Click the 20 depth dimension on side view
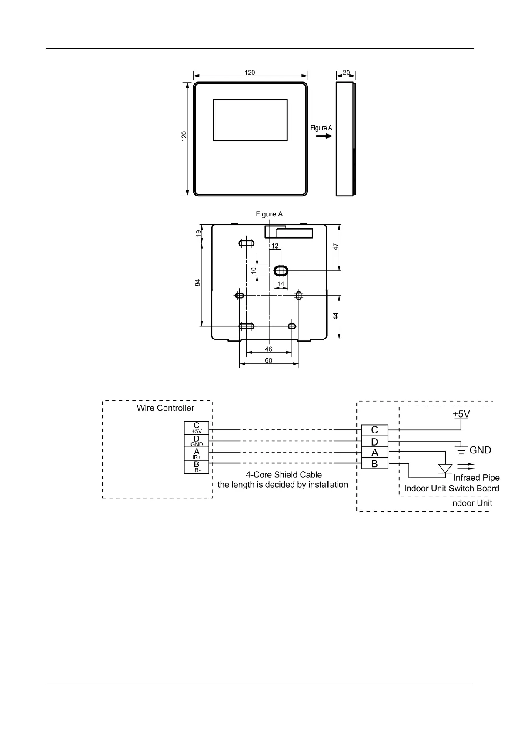pyautogui.click(x=346, y=73)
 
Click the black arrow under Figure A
pyautogui.click(x=323, y=136)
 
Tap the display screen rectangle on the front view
pyautogui.click(x=250, y=120)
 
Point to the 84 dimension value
pyautogui.click(x=197, y=283)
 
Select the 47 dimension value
pyautogui.click(x=335, y=247)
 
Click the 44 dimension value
pyautogui.click(x=335, y=316)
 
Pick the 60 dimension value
pyautogui.click(x=269, y=360)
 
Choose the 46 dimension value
pyautogui.click(x=268, y=349)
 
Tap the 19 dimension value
pyautogui.click(x=198, y=233)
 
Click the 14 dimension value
pyautogui.click(x=281, y=284)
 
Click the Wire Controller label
pyautogui.click(x=165, y=408)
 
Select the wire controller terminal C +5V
pyautogui.click(x=197, y=428)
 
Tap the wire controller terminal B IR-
pyautogui.click(x=197, y=467)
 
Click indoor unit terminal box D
pyautogui.click(x=374, y=442)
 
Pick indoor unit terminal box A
pyautogui.click(x=374, y=453)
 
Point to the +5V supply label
pyautogui.click(x=461, y=414)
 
